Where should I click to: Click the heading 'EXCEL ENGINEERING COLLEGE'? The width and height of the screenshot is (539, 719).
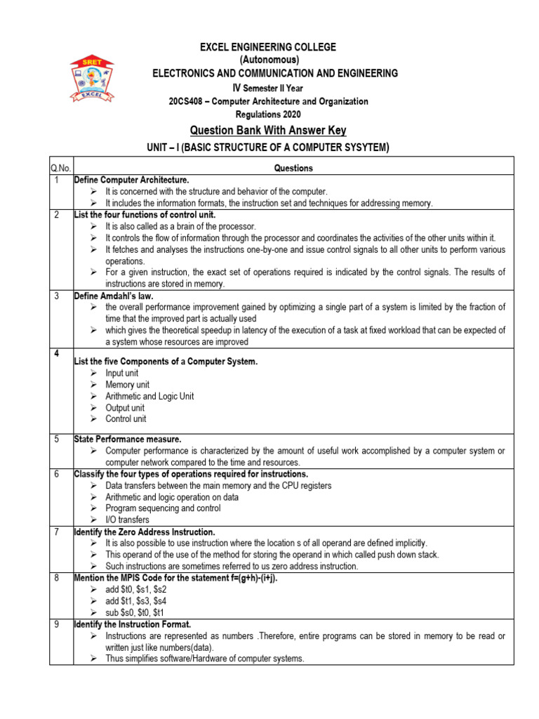268,47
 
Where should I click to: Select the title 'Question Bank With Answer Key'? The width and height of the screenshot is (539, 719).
268,131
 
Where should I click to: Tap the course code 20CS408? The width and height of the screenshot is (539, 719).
188,101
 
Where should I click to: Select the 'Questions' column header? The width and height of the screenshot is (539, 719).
293,168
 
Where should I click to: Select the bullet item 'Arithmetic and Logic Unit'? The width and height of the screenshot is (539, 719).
149,396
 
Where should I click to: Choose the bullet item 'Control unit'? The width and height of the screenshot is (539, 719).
126,418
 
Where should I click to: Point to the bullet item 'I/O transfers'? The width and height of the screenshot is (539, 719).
127,520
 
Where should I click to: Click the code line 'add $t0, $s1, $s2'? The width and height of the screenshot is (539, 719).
135,590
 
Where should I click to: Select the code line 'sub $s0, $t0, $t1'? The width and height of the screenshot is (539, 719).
135,612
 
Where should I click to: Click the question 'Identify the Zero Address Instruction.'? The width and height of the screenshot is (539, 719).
145,532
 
